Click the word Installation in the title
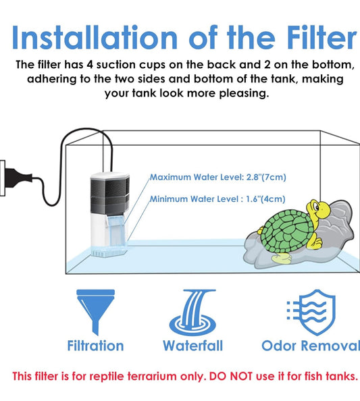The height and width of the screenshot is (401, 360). [x=95, y=37]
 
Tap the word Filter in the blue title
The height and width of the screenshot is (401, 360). [x=322, y=37]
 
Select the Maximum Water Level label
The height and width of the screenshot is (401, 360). [x=217, y=177]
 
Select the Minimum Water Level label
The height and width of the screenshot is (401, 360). [x=217, y=198]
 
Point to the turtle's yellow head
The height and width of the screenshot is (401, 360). [x=318, y=209]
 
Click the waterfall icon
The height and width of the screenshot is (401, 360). [x=192, y=313]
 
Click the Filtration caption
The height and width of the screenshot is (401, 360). [x=95, y=346]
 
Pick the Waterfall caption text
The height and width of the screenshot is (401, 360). [x=192, y=346]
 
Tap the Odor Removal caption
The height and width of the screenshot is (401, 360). [x=311, y=346]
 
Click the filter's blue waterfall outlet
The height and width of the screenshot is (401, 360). [x=116, y=230]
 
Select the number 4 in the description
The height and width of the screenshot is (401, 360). [x=90, y=65]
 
